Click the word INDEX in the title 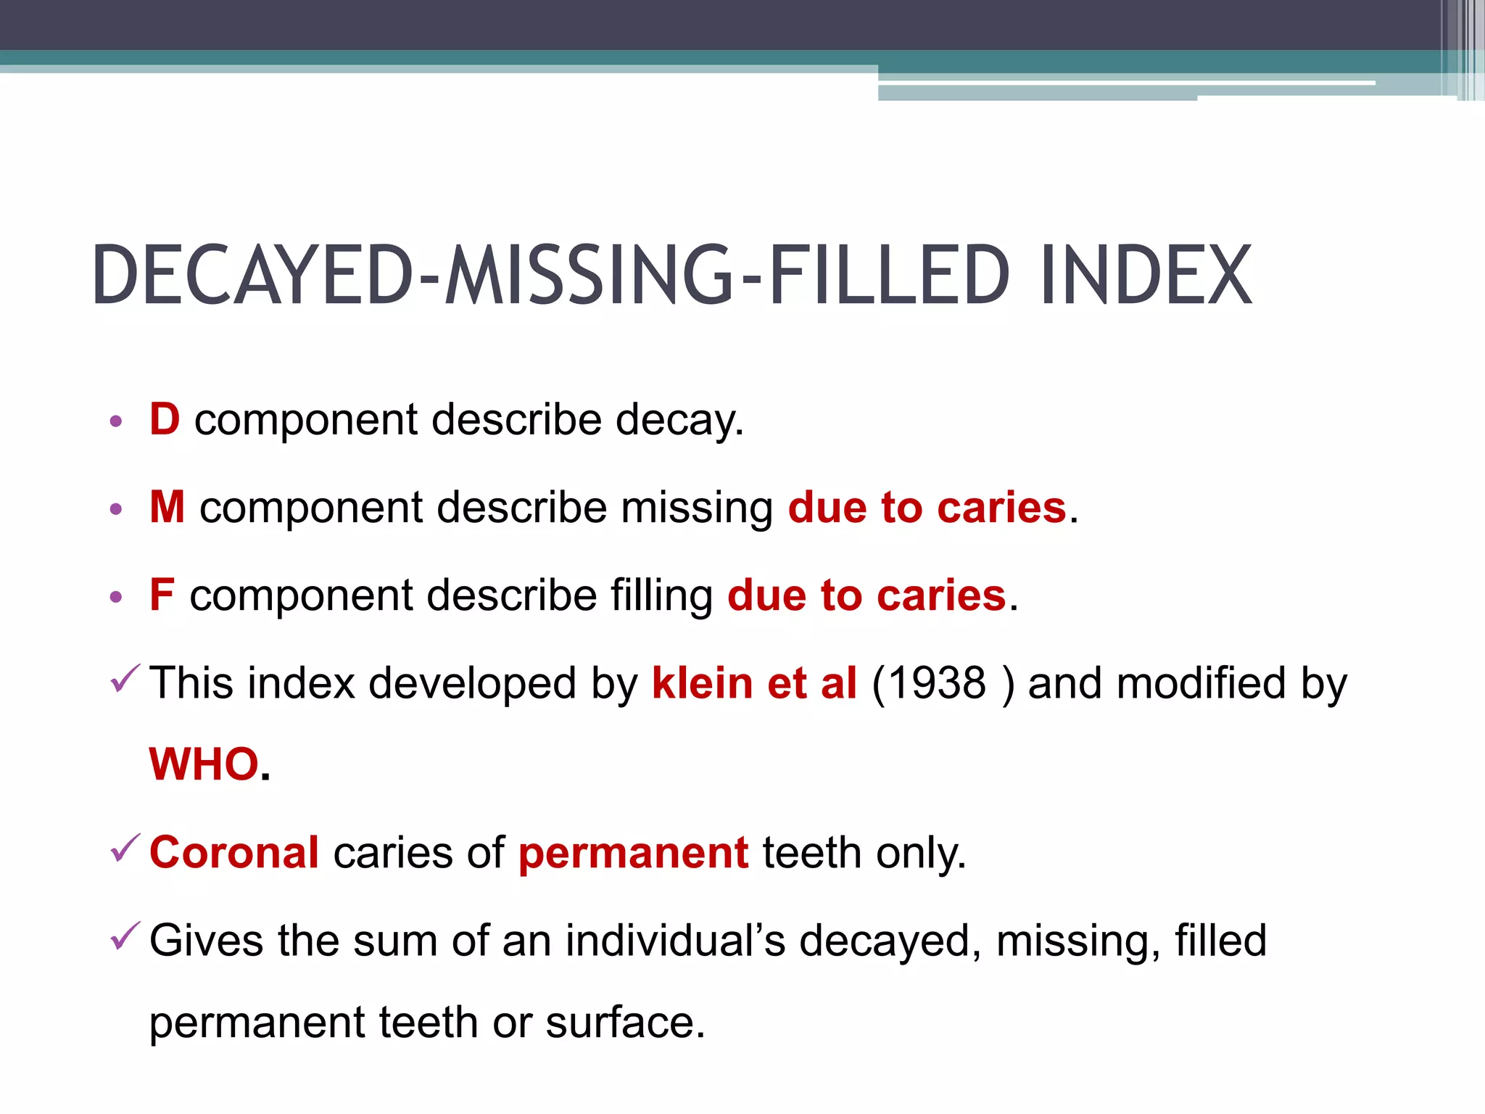tap(1146, 276)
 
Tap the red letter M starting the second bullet tap(167, 507)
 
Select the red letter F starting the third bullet tap(162, 595)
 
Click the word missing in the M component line tap(697, 508)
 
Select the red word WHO tap(204, 764)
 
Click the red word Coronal tap(234, 852)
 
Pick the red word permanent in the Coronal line tap(633, 854)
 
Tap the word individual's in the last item tap(675, 941)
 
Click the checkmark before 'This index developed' tap(124, 679)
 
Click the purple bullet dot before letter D tap(116, 421)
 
